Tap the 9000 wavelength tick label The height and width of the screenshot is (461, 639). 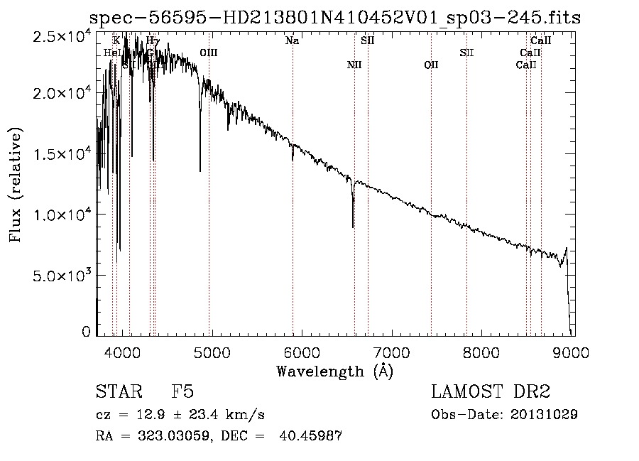coord(573,351)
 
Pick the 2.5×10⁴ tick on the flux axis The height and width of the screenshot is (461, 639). coord(62,36)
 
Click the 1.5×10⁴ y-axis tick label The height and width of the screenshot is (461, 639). coord(62,154)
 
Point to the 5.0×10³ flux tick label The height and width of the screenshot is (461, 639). coord(62,275)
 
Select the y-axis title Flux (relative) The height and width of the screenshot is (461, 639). coord(16,184)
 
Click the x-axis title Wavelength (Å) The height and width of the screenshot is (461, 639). coord(334,371)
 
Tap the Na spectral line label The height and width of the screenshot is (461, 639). coord(292,41)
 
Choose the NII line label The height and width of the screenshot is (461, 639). coord(354,65)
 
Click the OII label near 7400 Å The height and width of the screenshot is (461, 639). coord(431,65)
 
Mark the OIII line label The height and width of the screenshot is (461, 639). coord(209,53)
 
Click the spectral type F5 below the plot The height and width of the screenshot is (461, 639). coord(182,391)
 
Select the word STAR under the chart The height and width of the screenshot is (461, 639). coord(118,391)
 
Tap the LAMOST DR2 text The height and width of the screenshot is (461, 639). coord(490,391)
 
